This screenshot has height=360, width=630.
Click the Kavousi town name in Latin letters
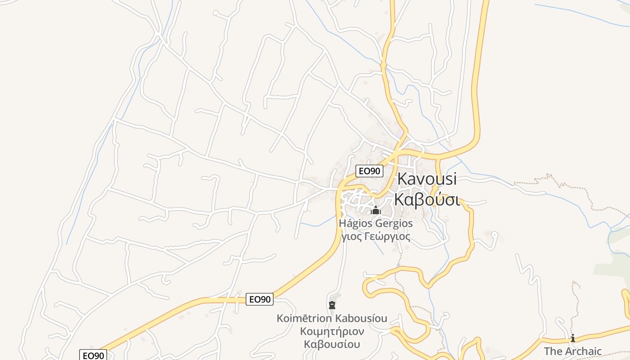click(427, 179)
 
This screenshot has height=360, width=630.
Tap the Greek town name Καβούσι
click(427, 199)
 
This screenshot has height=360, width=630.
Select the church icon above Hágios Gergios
click(376, 211)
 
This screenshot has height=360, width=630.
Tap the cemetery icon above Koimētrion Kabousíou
click(332, 305)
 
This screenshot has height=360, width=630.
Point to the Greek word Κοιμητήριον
click(332, 332)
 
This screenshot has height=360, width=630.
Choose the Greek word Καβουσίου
click(332, 345)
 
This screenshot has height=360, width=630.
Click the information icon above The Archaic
click(573, 338)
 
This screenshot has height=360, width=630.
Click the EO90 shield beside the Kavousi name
click(369, 171)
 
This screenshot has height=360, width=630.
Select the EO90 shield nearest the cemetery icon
click(260, 299)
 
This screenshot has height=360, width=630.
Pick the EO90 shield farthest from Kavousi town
click(93, 355)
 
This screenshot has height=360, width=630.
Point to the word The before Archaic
click(553, 351)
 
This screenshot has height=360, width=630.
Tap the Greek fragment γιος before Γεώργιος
click(351, 236)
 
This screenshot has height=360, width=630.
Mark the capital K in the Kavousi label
click(402, 179)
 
